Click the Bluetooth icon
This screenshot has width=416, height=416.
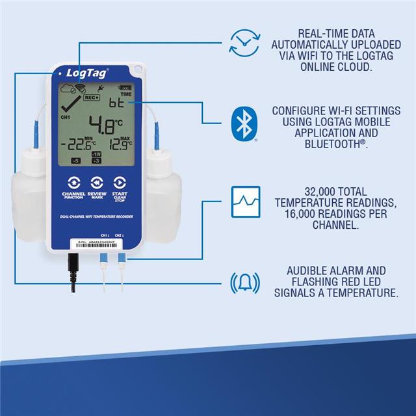(244, 122)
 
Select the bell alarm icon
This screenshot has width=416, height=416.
(244, 283)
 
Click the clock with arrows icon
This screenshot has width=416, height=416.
(244, 42)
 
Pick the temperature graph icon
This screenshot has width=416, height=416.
(245, 201)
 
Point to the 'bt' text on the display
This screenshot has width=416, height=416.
(116, 103)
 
